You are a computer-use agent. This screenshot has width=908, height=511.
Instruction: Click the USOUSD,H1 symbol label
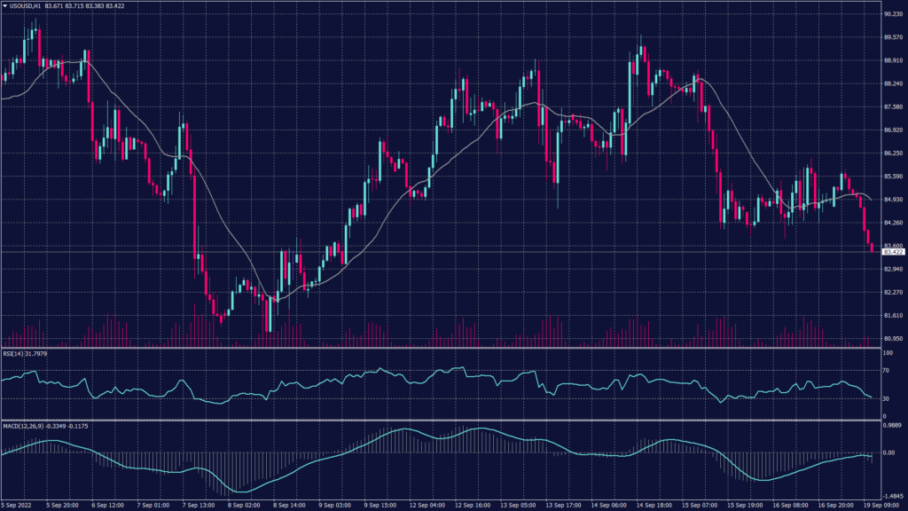pyautogui.click(x=26, y=7)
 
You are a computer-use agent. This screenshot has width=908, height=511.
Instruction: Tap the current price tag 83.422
pyautogui.click(x=894, y=252)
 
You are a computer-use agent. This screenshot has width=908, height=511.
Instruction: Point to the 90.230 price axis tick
pyautogui.click(x=894, y=14)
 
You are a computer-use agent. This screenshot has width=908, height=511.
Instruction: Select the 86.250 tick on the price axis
pyautogui.click(x=894, y=153)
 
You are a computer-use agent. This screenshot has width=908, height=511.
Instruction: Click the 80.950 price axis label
pyautogui.click(x=894, y=339)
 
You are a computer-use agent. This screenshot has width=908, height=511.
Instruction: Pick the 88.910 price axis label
pyautogui.click(x=894, y=60)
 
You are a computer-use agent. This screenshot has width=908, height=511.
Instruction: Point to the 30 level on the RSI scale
pyautogui.click(x=887, y=398)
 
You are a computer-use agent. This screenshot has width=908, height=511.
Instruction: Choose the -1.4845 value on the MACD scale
pyautogui.click(x=892, y=497)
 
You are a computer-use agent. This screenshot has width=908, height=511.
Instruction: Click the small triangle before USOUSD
pyautogui.click(x=4, y=7)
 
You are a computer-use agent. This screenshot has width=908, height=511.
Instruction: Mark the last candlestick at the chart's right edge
pyautogui.click(x=872, y=248)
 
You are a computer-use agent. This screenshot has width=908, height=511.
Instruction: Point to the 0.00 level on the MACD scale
pyautogui.click(x=889, y=452)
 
